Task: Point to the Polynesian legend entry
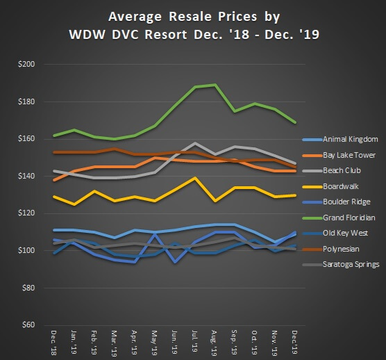click(x=340, y=248)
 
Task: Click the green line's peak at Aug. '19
click(x=215, y=85)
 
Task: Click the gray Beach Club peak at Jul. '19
click(x=196, y=143)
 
